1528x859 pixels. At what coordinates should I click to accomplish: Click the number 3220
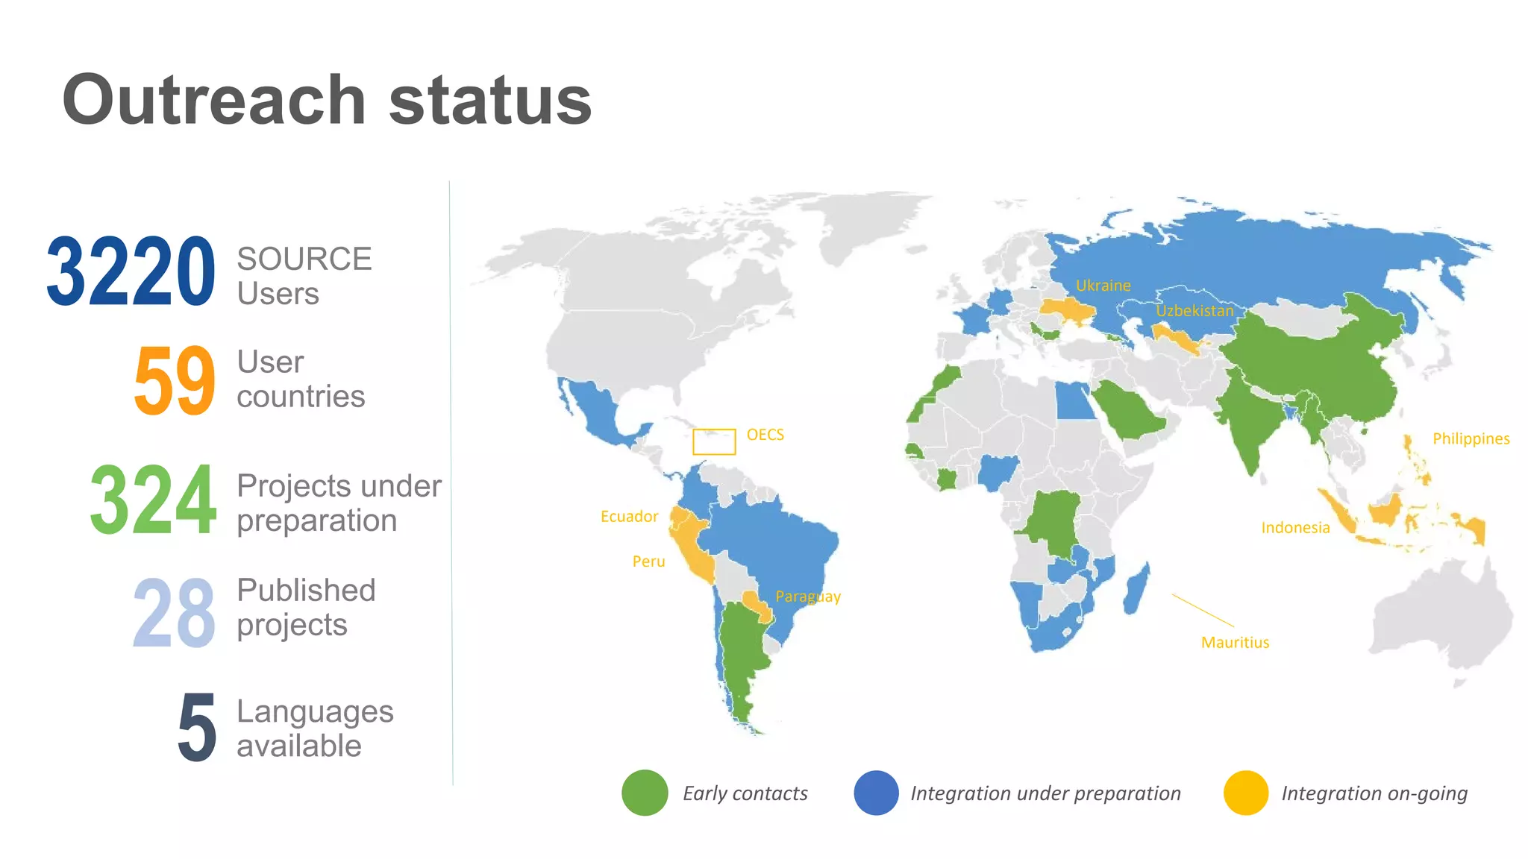pyautogui.click(x=131, y=271)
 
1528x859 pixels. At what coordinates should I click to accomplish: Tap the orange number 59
pyautogui.click(x=175, y=380)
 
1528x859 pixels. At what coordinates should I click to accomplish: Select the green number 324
pyautogui.click(x=154, y=500)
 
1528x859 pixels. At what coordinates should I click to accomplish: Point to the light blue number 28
pyautogui.click(x=175, y=613)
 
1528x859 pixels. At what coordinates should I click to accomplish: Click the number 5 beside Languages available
pyautogui.click(x=197, y=728)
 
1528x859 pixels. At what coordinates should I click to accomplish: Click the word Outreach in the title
pyautogui.click(x=214, y=100)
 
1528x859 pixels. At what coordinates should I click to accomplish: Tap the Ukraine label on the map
pyautogui.click(x=1103, y=286)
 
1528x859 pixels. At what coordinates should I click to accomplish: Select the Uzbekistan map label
pyautogui.click(x=1194, y=311)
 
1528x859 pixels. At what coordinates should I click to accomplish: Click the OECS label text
pyautogui.click(x=765, y=435)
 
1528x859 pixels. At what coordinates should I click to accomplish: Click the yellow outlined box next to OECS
pyautogui.click(x=714, y=441)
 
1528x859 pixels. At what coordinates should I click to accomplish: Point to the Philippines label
pyautogui.click(x=1471, y=439)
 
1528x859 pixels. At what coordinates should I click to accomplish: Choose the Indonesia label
pyautogui.click(x=1295, y=528)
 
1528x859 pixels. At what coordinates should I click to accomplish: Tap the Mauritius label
pyautogui.click(x=1235, y=643)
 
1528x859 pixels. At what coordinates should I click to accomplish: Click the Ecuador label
pyautogui.click(x=629, y=517)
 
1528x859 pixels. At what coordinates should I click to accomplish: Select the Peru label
pyautogui.click(x=648, y=561)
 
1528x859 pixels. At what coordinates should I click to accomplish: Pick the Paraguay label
pyautogui.click(x=808, y=597)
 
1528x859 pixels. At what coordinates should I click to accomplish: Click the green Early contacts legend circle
pyautogui.click(x=645, y=793)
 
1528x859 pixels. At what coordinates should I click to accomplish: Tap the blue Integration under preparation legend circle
pyautogui.click(x=876, y=793)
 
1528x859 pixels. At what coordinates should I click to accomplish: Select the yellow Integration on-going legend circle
pyautogui.click(x=1246, y=793)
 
